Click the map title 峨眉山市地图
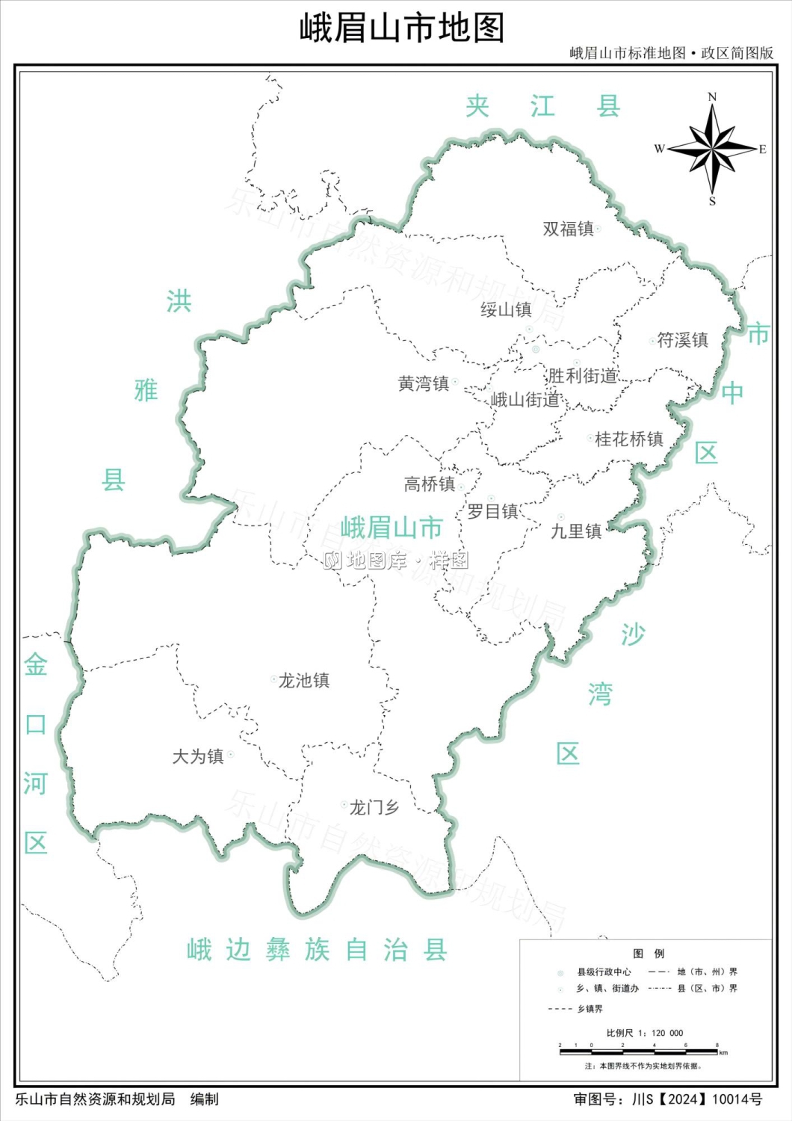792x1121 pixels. click(x=402, y=28)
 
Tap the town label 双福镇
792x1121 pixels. click(x=568, y=229)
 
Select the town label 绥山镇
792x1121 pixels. click(x=506, y=309)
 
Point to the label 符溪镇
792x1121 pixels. click(x=682, y=341)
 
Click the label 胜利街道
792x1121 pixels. click(x=583, y=376)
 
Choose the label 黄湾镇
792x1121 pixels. click(x=424, y=384)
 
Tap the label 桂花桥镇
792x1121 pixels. click(x=629, y=439)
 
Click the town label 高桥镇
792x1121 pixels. click(x=430, y=484)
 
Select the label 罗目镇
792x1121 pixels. click(x=493, y=512)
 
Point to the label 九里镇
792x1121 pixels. click(x=576, y=531)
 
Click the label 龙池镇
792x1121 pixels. click(x=304, y=681)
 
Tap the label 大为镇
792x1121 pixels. click(x=198, y=757)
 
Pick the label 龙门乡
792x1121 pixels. click(x=374, y=808)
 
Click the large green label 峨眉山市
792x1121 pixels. click(x=392, y=528)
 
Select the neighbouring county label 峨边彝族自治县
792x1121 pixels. click(x=317, y=950)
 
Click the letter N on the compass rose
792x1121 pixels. click(x=712, y=97)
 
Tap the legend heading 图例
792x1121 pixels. click(x=648, y=954)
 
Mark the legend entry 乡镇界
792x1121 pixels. click(x=590, y=1009)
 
